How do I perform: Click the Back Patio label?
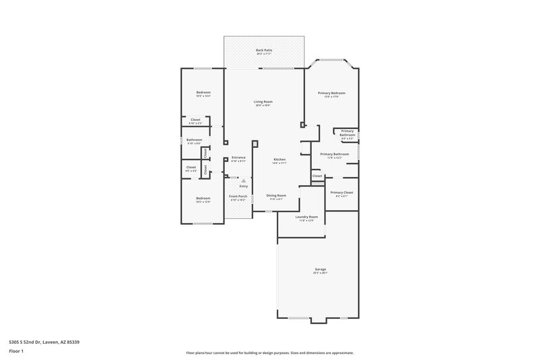263,51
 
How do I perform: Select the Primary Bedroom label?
331,93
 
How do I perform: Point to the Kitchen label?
279,159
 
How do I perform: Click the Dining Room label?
276,195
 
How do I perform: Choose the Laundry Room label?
307,217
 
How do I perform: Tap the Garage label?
320,269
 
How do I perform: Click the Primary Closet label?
342,192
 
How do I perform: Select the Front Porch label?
238,196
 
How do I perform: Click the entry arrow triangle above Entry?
244,180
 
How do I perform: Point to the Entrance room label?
238,157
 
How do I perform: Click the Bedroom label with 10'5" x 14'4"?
203,92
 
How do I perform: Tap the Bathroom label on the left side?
194,140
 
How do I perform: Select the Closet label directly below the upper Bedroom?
194,120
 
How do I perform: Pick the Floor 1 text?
17,351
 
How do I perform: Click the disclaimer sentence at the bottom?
269,353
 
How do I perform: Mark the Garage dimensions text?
320,273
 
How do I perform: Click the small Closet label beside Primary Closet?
317,176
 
